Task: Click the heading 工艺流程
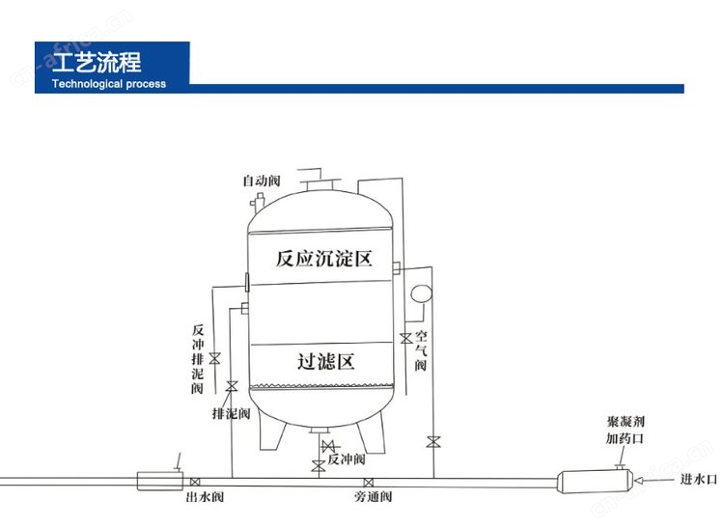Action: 97,62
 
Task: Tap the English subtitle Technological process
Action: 109,84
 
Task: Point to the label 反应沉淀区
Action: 324,259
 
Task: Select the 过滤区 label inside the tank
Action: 326,361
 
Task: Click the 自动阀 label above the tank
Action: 262,181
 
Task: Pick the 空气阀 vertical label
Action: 421,350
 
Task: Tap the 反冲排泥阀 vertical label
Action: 198,359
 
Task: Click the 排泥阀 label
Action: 232,413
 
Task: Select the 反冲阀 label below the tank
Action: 347,459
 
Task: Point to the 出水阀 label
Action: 205,496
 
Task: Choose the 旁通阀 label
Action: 373,496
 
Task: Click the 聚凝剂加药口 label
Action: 626,430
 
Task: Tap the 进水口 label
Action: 698,480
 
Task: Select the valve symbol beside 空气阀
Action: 406,339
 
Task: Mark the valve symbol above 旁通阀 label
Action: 369,483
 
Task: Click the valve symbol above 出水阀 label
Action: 195,483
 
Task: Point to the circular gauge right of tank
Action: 421,294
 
